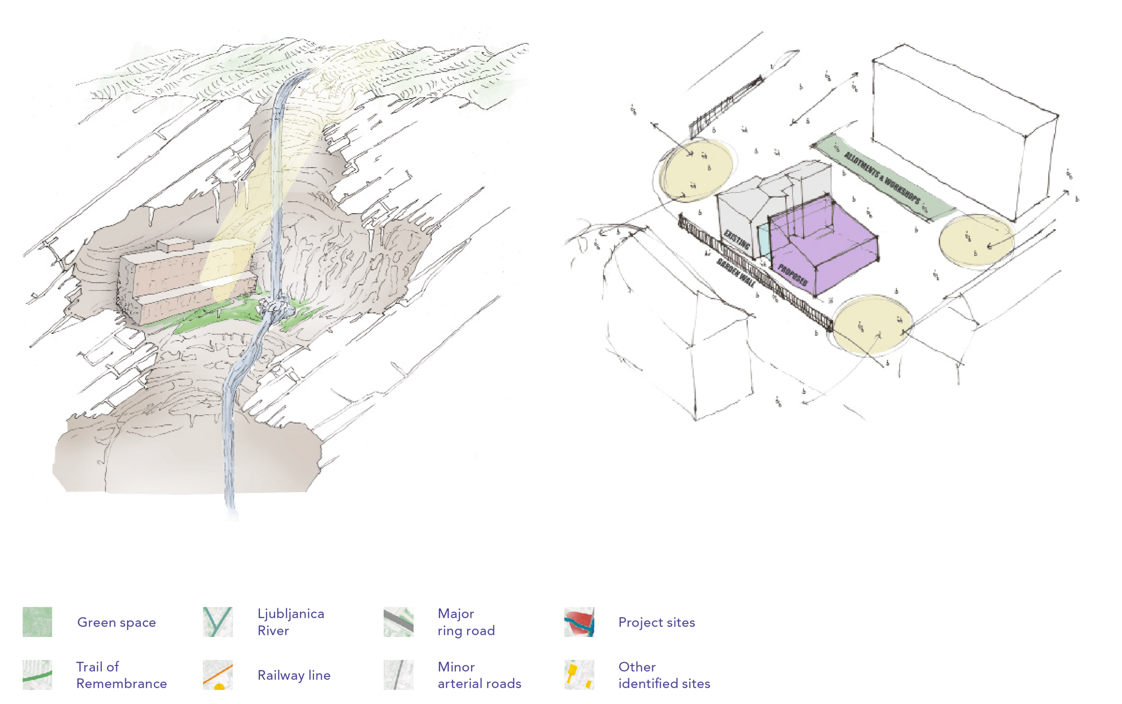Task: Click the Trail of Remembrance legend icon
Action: [37, 675]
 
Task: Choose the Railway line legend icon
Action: [217, 675]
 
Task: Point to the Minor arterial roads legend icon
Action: [398, 675]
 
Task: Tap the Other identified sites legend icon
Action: [579, 675]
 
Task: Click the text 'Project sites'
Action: [656, 622]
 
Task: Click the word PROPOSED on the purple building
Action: [792, 275]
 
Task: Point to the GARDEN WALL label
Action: [735, 272]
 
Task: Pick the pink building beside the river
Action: [186, 279]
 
